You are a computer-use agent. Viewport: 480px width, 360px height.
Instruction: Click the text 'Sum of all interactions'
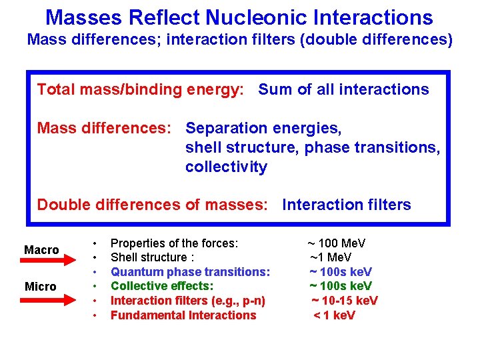(x=343, y=89)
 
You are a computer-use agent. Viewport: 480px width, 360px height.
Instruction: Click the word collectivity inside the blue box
(x=226, y=167)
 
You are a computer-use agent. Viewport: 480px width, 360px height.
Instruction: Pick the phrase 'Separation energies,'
(x=263, y=127)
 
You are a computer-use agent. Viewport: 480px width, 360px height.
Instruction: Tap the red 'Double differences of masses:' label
(x=151, y=205)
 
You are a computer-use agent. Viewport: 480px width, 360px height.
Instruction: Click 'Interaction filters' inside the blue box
(x=347, y=205)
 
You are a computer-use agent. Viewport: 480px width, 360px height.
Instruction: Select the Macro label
(x=41, y=249)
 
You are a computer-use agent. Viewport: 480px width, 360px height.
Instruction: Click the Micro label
(x=40, y=286)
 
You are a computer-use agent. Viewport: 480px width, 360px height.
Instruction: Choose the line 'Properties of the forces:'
(x=174, y=243)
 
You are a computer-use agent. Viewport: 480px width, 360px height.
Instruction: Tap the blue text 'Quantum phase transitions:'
(x=190, y=272)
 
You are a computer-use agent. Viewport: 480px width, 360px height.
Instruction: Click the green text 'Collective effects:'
(x=162, y=286)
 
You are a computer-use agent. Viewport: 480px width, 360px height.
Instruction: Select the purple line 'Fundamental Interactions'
(x=183, y=315)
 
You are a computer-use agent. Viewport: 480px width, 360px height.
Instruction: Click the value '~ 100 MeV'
(x=336, y=243)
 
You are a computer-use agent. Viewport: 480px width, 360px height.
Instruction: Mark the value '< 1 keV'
(x=335, y=315)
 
